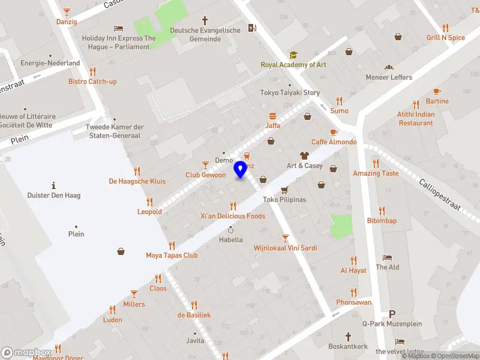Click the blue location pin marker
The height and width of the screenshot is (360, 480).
tap(241, 170)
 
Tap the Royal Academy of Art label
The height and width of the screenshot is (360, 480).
tap(293, 65)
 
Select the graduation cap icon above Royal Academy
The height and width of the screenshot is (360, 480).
tap(293, 55)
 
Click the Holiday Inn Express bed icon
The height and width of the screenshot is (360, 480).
tap(119, 28)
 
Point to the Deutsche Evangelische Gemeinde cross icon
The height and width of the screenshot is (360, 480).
tap(205, 20)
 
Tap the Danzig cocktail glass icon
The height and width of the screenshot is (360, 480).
tap(67, 11)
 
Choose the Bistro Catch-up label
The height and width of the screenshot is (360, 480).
tap(92, 82)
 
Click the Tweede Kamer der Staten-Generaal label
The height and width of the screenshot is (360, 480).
tap(115, 131)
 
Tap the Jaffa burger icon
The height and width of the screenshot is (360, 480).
tap(273, 116)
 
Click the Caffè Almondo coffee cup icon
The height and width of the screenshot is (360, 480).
tap(334, 132)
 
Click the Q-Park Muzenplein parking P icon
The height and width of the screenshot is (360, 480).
tap(392, 314)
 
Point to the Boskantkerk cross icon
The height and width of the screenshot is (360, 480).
tap(347, 337)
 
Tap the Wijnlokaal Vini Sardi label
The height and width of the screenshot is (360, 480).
tap(286, 248)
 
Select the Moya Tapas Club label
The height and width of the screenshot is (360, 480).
tap(172, 255)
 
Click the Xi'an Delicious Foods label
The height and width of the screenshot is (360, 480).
tap(233, 216)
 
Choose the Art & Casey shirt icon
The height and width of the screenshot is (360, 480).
tap(304, 155)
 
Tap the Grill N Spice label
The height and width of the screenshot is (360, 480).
tap(446, 38)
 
